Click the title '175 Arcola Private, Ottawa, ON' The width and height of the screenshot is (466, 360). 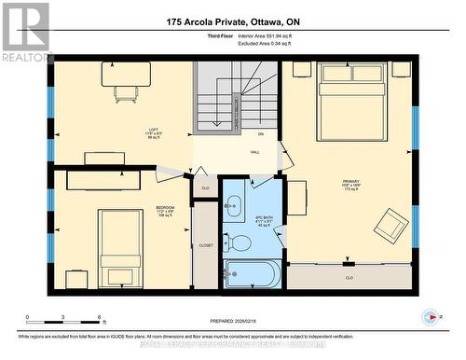pos(233,21)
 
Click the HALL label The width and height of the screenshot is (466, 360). pos(254,152)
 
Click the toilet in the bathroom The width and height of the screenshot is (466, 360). pos(240,243)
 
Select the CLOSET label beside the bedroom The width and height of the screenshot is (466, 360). pos(205,245)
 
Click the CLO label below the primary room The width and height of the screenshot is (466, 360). pos(349,277)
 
